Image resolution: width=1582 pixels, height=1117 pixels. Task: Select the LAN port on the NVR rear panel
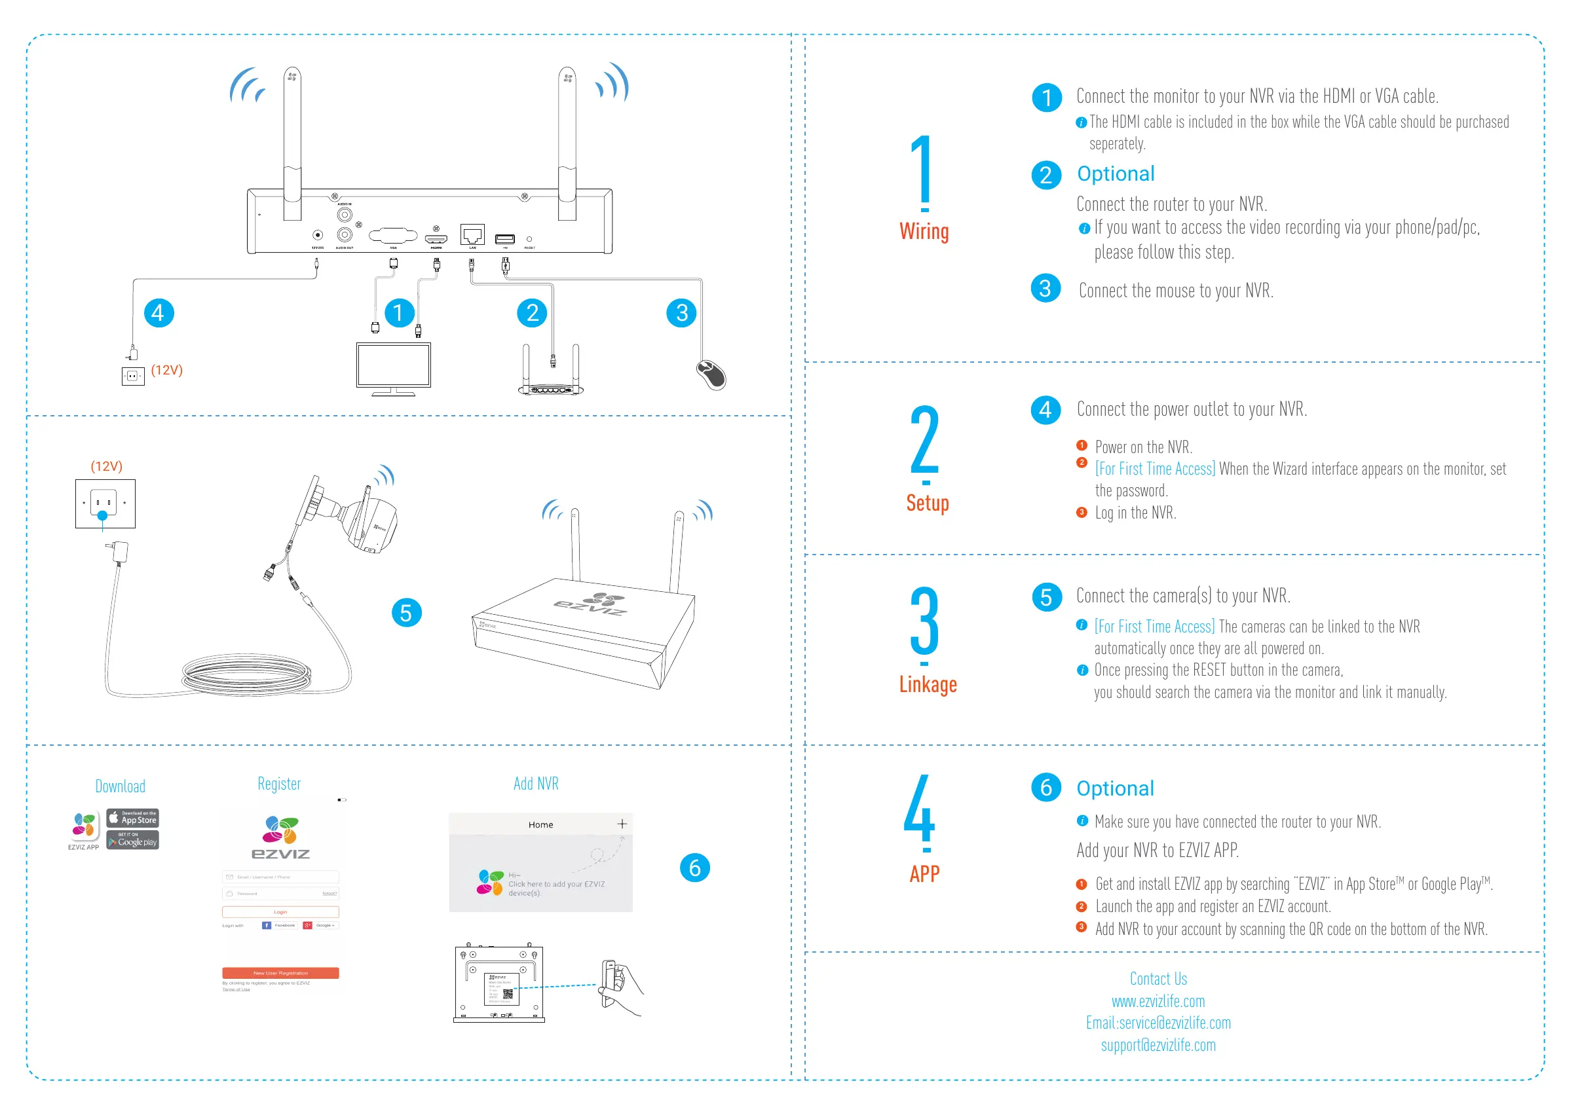click(473, 235)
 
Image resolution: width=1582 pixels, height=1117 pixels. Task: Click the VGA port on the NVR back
click(394, 236)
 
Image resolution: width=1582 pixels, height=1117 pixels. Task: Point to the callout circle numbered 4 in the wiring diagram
click(159, 314)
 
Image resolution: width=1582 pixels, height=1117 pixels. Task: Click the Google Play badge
click(133, 840)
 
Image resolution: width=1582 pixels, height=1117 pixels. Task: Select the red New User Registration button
click(280, 973)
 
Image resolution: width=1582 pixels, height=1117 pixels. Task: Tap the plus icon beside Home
click(622, 824)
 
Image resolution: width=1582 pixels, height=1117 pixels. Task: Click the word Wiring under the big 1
click(924, 231)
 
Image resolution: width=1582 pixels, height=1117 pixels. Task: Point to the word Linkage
click(928, 684)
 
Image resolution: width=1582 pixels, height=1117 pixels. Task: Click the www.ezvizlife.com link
click(1158, 1001)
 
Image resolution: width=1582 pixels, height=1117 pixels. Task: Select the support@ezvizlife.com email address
click(1158, 1046)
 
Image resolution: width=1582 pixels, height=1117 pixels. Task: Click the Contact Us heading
click(1158, 979)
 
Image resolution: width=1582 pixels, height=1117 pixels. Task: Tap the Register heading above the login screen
click(279, 784)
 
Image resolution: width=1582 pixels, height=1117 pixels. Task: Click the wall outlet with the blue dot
click(105, 504)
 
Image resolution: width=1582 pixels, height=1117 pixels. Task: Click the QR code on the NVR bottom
click(508, 994)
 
